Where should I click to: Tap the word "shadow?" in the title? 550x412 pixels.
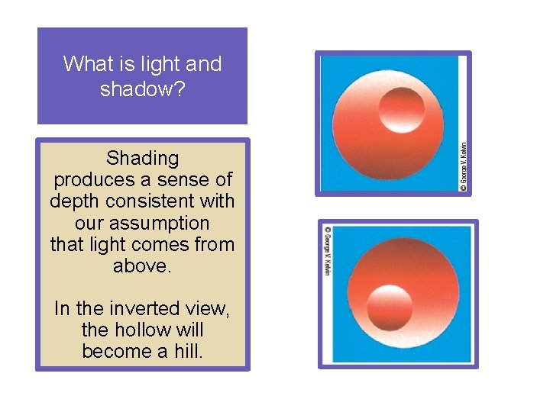point(142,89)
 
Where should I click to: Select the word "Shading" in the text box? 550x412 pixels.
point(142,159)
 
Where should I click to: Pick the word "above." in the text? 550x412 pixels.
point(142,266)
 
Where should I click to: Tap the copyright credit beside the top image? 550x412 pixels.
point(464,161)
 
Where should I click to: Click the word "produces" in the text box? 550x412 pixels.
point(89,180)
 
